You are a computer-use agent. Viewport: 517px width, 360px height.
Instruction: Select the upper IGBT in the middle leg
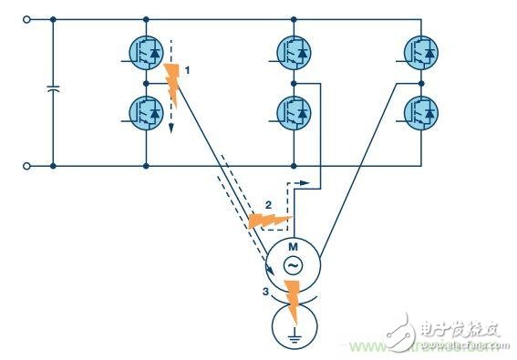294,52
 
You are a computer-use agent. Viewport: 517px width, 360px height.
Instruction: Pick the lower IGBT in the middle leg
294,111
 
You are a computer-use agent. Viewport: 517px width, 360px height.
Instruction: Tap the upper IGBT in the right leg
421,52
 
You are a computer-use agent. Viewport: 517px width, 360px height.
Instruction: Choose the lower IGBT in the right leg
421,111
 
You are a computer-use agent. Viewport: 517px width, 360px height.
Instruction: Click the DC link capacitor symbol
53,92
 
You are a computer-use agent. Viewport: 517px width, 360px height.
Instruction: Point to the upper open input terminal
27,17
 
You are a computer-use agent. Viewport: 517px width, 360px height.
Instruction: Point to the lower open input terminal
27,167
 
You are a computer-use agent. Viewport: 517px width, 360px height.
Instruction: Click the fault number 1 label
187,69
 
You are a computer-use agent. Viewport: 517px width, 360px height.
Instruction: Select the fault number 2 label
268,203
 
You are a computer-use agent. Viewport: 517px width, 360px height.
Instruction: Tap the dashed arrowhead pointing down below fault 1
170,129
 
